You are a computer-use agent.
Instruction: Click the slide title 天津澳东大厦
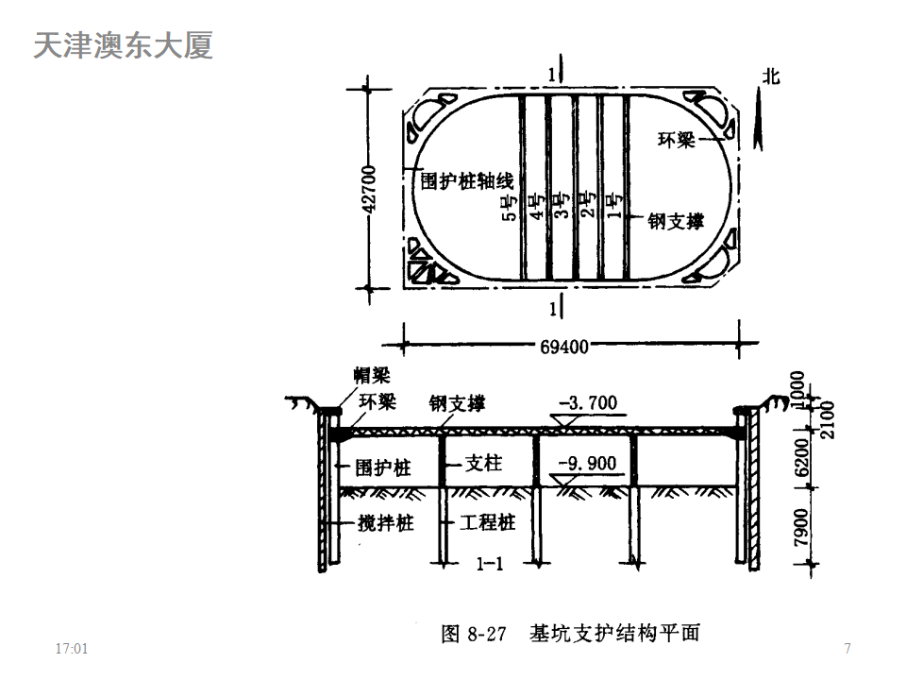point(123,45)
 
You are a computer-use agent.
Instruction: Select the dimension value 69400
point(565,347)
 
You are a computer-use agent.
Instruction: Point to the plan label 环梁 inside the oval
point(676,141)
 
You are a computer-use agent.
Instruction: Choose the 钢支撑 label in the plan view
point(676,221)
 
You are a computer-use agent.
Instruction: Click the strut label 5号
point(510,205)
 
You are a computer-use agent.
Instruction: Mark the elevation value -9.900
point(586,464)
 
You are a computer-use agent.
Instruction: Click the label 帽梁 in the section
point(368,376)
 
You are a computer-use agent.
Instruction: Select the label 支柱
point(485,464)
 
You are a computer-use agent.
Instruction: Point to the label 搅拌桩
point(386,522)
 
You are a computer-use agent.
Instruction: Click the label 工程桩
point(487,522)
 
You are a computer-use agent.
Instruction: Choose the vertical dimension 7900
point(800,527)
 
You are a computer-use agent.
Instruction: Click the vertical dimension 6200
point(800,456)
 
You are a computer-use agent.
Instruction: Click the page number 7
point(847,649)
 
